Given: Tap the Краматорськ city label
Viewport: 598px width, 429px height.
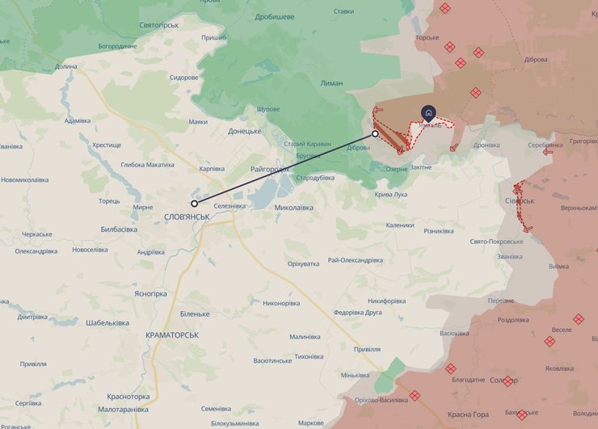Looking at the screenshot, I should [172, 334].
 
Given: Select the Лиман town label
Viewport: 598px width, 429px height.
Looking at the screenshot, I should [331, 83].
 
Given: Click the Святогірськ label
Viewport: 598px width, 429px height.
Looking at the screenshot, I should [158, 26].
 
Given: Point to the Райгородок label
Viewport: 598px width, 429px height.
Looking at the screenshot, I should [270, 169].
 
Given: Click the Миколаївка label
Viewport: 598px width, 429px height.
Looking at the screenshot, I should [294, 208].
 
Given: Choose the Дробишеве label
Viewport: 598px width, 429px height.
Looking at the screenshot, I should [275, 16].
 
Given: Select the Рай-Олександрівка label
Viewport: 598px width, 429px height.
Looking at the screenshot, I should [355, 260].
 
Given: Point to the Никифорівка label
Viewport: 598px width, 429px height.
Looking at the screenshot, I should [384, 301].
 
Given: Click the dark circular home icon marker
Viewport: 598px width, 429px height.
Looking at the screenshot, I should [427, 113].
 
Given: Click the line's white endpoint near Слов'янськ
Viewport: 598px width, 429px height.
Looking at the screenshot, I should [194, 204].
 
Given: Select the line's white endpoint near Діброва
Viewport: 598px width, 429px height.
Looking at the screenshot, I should [375, 133].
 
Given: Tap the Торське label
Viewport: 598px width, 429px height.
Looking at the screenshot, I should [427, 38].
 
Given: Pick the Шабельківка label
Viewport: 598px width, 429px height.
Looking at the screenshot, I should [107, 323].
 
